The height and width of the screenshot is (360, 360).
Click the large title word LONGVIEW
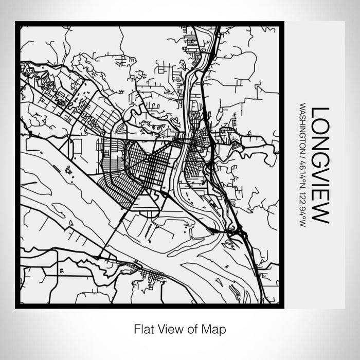(x=320, y=165)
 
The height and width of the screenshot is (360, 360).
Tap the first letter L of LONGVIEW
(x=320, y=112)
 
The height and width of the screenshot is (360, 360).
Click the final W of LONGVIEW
(x=320, y=214)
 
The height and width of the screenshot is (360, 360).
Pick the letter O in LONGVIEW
(x=320, y=127)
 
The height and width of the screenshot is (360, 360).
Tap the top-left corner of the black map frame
(x=17, y=23)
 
